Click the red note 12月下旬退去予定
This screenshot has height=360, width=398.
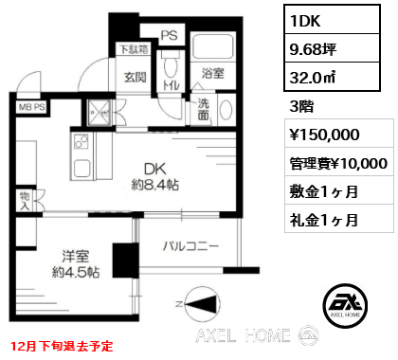(x=63, y=346)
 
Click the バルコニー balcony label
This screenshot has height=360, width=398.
(x=190, y=246)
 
